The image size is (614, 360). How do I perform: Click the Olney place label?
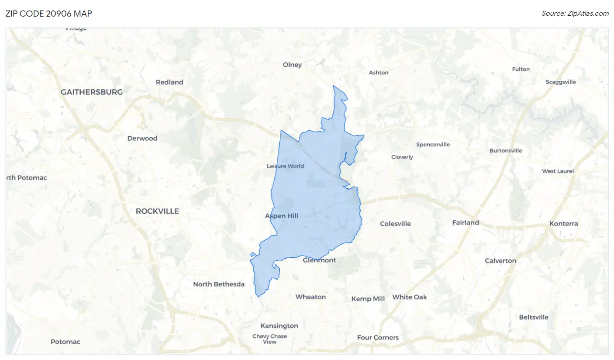coord(292,65)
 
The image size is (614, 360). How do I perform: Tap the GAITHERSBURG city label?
coord(92,92)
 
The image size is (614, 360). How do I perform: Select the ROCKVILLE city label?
coord(157,211)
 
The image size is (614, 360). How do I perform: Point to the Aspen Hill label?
coord(282,216)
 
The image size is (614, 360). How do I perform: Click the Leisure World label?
coord(285,166)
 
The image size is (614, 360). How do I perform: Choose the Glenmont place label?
coord(319,260)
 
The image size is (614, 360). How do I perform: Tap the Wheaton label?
coord(310,297)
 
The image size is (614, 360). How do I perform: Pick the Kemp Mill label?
coord(368,299)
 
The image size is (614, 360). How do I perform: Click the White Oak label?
coord(409,297)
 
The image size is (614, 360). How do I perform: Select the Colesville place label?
coord(395,224)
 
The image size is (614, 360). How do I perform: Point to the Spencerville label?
coord(433,145)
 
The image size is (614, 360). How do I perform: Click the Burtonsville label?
coord(506,151)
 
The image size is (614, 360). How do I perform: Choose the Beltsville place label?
coord(534,317)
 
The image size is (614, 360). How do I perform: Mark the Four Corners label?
coord(378,337)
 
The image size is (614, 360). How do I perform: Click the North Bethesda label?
coord(219,284)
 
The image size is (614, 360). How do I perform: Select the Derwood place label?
coord(142,138)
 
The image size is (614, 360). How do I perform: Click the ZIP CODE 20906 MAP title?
coord(48,14)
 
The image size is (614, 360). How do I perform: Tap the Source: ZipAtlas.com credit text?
coord(575,14)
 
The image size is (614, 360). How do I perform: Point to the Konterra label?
coord(563,224)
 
